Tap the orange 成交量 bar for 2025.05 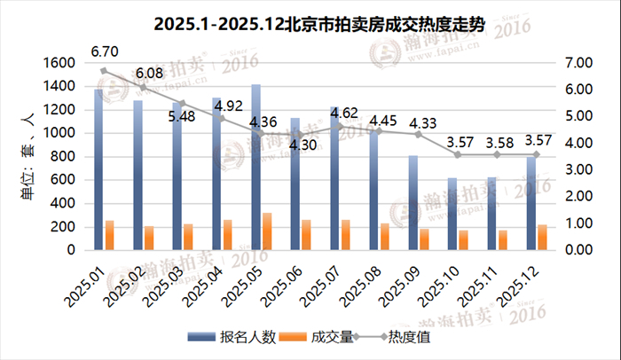tap(267, 231)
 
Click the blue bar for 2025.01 tap(98, 169)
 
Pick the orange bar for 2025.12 tap(543, 238)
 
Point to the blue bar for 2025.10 tap(452, 214)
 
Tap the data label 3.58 tap(499, 141)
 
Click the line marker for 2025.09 tap(419, 134)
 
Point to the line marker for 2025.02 tap(143, 88)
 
